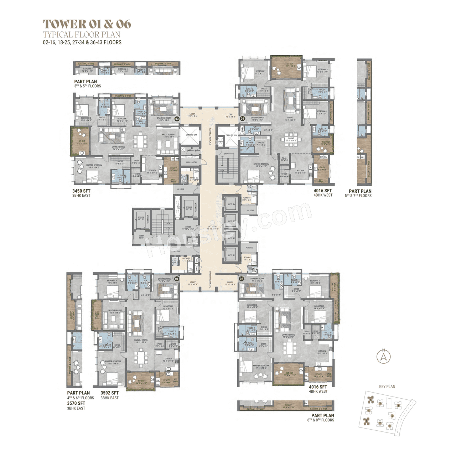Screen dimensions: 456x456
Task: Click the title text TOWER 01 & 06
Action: pyautogui.click(x=87, y=24)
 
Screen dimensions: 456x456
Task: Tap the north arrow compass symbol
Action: pyautogui.click(x=383, y=356)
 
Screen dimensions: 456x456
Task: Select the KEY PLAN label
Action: pyautogui.click(x=387, y=387)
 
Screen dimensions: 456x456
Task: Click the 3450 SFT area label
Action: pyautogui.click(x=81, y=191)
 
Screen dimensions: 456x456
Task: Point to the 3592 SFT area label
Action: pyautogui.click(x=109, y=393)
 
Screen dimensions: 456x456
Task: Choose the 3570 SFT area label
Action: pyautogui.click(x=76, y=403)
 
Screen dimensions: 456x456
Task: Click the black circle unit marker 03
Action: pyautogui.click(x=176, y=119)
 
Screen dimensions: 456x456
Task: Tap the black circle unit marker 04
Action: pyautogui.click(x=242, y=118)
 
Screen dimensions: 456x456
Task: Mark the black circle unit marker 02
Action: pyautogui.click(x=241, y=279)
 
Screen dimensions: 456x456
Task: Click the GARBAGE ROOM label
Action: pyautogui.click(x=193, y=151)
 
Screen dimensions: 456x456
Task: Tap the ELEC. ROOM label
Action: pyautogui.click(x=191, y=162)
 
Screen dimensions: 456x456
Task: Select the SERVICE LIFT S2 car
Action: pyautogui.click(x=141, y=218)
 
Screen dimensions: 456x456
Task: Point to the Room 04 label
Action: pyautogui.click(x=247, y=199)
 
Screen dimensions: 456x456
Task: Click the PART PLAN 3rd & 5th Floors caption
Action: pyautogui.click(x=87, y=84)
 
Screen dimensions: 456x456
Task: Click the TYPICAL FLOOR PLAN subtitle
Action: pyautogui.click(x=82, y=35)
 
